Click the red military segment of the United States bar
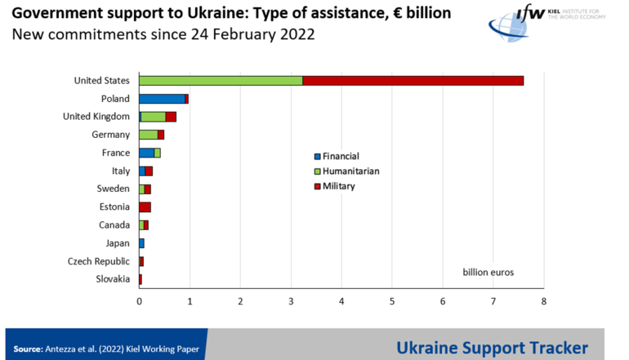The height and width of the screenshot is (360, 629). [x=413, y=80]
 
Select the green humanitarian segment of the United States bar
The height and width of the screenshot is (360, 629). [x=221, y=80]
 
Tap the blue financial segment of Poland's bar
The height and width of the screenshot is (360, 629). [x=162, y=99]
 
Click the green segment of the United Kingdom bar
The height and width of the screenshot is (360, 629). [x=154, y=117]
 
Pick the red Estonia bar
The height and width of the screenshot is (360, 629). [x=145, y=207]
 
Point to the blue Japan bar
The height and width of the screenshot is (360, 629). [x=141, y=243]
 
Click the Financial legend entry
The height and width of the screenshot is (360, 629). [x=340, y=156]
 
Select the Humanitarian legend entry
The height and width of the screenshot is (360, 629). [x=350, y=171]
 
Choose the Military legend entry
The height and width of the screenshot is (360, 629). [x=338, y=186]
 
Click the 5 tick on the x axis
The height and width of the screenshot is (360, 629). [x=392, y=301]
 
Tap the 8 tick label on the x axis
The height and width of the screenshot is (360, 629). [x=543, y=301]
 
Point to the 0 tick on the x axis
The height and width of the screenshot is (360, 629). [x=139, y=301]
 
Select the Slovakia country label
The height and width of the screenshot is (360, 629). [x=112, y=279]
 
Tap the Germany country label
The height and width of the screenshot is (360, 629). [x=110, y=135]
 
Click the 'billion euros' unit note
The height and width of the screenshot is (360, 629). [x=488, y=272]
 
